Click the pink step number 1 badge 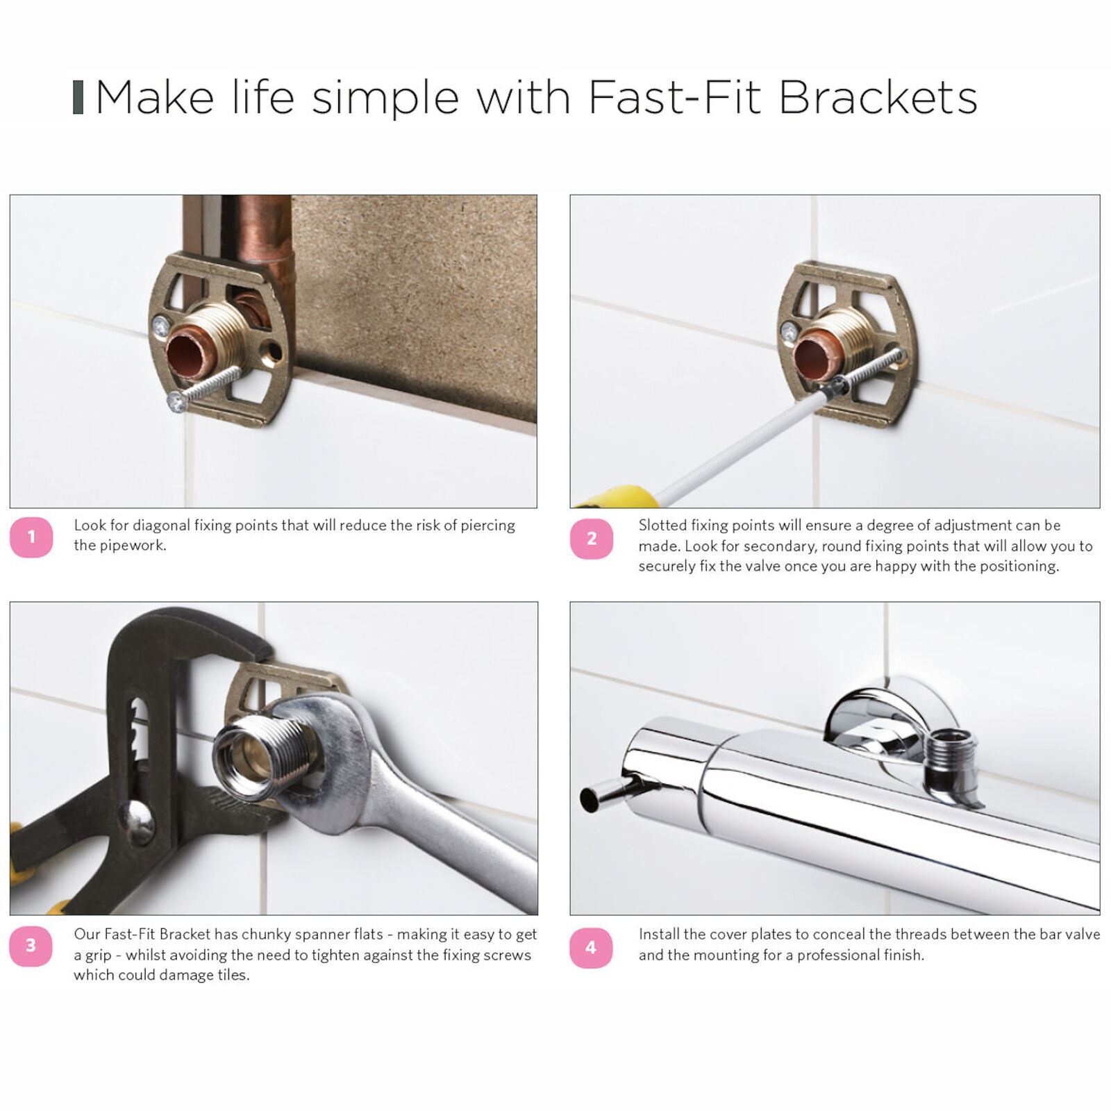click(31, 537)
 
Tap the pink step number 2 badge click(592, 538)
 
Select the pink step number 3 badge click(31, 946)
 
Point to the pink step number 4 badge click(592, 947)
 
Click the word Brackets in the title click(878, 97)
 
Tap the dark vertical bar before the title click(78, 97)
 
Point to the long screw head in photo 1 click(176, 401)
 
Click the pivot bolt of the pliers click(136, 824)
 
